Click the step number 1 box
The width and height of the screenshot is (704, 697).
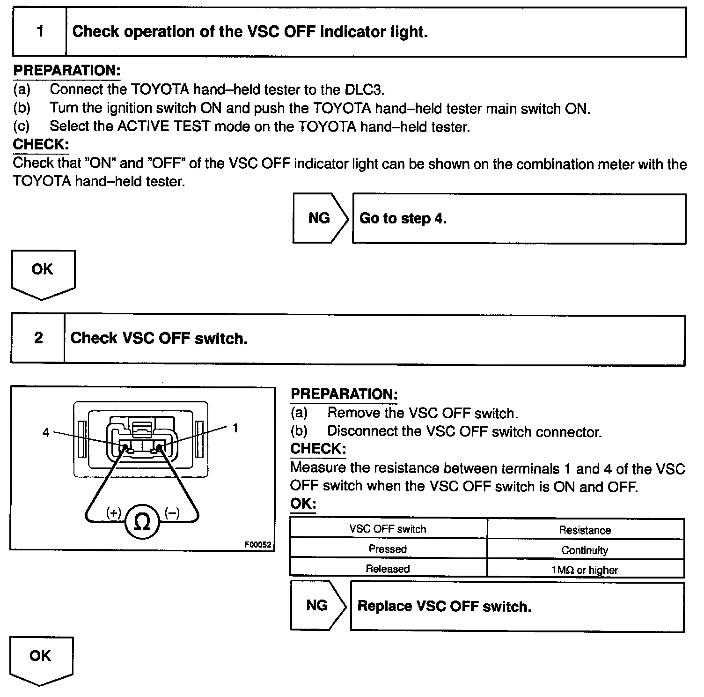[x=40, y=32]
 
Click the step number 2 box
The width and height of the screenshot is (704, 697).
[x=38, y=338]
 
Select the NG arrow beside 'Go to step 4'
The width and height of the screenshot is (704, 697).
[x=320, y=218]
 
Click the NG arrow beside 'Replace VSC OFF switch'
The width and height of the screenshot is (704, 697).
[x=317, y=606]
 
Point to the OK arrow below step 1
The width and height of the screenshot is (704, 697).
[x=43, y=273]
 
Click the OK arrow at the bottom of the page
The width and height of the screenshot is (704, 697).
[x=41, y=660]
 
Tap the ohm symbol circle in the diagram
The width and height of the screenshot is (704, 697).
[x=142, y=521]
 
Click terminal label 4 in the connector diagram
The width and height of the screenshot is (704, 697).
[x=46, y=432]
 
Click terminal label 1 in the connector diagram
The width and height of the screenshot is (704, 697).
[x=235, y=428]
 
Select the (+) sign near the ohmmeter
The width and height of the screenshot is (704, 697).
[x=114, y=512]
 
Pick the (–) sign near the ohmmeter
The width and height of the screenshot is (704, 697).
[x=172, y=513]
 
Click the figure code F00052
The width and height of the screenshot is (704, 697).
[x=257, y=545]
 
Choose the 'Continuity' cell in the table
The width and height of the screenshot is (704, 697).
[x=585, y=550]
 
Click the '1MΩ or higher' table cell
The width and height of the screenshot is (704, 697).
[x=585, y=570]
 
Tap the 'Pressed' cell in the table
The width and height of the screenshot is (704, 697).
[x=388, y=549]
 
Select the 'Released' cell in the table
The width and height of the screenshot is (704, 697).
[x=388, y=569]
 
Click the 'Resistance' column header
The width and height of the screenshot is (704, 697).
[x=585, y=530]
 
